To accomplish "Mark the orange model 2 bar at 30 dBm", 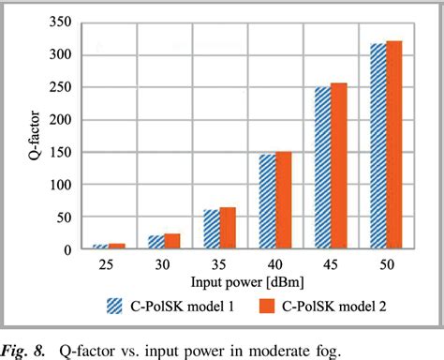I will (174, 242).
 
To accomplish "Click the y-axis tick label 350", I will (63, 22).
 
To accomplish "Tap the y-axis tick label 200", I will (63, 119).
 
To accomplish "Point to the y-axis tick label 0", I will (70, 250).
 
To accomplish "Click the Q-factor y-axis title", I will (26, 136).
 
